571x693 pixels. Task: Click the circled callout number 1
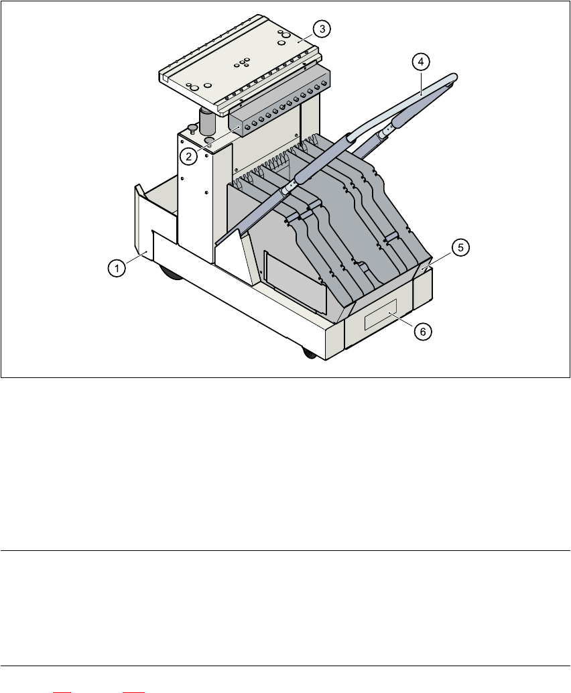pyautogui.click(x=117, y=268)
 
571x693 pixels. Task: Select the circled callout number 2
pyautogui.click(x=190, y=157)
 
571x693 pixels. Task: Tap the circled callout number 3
pyautogui.click(x=322, y=29)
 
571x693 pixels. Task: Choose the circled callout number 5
pyautogui.click(x=460, y=247)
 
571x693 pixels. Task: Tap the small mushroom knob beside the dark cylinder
pyautogui.click(x=192, y=128)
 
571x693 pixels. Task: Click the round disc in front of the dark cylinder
pyautogui.click(x=208, y=140)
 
